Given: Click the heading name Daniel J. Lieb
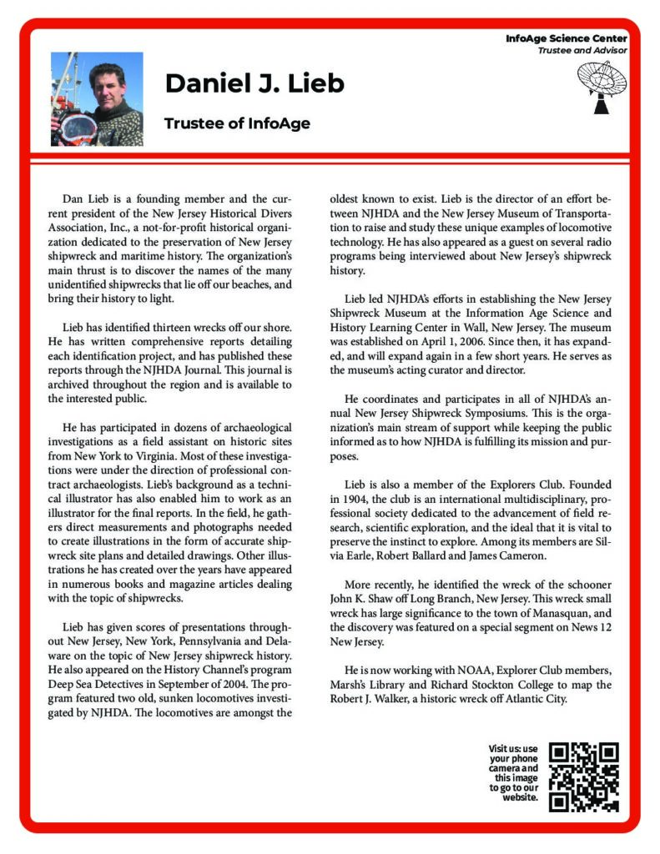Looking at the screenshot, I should pyautogui.click(x=254, y=83).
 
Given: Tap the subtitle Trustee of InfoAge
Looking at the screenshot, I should pyautogui.click(x=237, y=123).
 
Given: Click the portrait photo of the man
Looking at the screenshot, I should pyautogui.click(x=97, y=99).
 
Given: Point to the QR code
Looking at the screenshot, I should pyautogui.click(x=586, y=776).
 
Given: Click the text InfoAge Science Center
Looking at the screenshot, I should pyautogui.click(x=566, y=39).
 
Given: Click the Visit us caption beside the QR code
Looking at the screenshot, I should pyautogui.click(x=514, y=772).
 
